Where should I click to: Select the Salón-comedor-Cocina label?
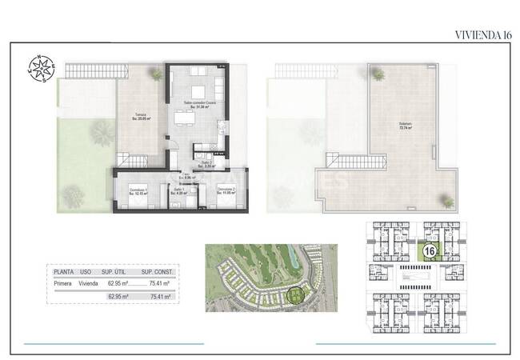(200, 104)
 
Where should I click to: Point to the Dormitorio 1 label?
(141, 191)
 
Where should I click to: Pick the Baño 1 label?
(180, 191)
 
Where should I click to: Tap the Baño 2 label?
(206, 165)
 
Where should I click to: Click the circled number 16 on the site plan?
(430, 252)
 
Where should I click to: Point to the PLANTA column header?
(65, 272)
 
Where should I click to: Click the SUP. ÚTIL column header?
(118, 272)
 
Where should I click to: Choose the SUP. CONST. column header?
(158, 272)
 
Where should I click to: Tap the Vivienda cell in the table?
(90, 283)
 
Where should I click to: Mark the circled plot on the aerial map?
(297, 297)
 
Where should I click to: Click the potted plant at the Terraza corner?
(155, 74)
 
